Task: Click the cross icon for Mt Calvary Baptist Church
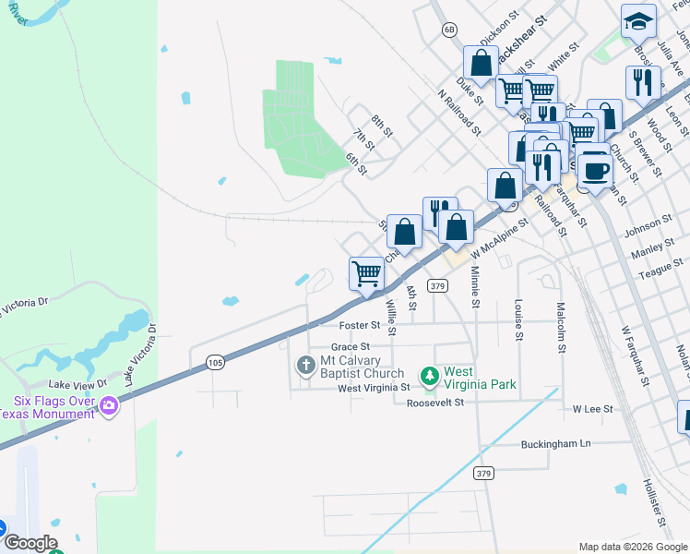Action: pos(305,367)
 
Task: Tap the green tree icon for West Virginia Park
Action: pos(429,376)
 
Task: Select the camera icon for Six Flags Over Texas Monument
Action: pos(109,405)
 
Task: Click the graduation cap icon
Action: pos(638,20)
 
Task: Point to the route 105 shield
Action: pos(215,363)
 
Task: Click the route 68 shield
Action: pos(449,30)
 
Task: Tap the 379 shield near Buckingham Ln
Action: pos(483,474)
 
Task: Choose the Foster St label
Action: pos(360,325)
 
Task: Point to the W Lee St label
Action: pos(593,407)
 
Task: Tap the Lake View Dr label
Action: pos(78,382)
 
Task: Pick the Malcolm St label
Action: pos(560,327)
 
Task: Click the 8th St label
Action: pos(382,126)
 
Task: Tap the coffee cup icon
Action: pos(595,171)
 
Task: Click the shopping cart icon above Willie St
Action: pos(366,273)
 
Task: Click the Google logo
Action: pos(30,543)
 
